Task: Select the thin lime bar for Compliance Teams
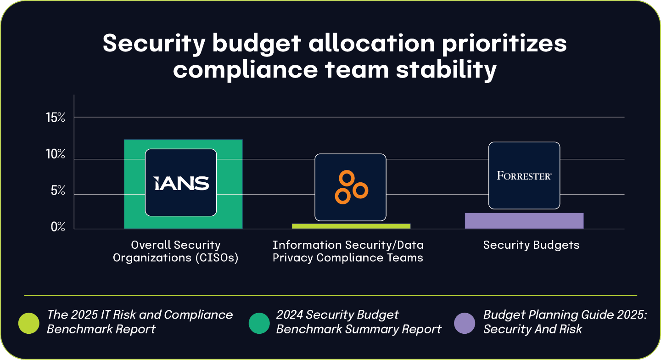pyautogui.click(x=351, y=226)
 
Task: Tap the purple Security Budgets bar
pyautogui.click(x=524, y=221)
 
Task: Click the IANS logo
pyautogui.click(x=181, y=183)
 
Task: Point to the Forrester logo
pyautogui.click(x=524, y=175)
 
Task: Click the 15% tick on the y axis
pyautogui.click(x=56, y=118)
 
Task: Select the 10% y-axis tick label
pyautogui.click(x=56, y=154)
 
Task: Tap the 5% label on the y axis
pyautogui.click(x=58, y=190)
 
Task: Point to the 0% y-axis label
pyautogui.click(x=58, y=227)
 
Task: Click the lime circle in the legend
pyautogui.click(x=28, y=323)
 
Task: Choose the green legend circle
pyautogui.click(x=259, y=323)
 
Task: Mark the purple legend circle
pyautogui.click(x=465, y=323)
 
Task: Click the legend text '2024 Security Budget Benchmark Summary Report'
pyautogui.click(x=359, y=322)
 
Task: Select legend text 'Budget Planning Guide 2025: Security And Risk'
pyautogui.click(x=565, y=322)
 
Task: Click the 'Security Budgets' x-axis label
pyautogui.click(x=531, y=245)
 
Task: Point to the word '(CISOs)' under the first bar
pyautogui.click(x=217, y=258)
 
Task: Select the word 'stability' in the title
pyautogui.click(x=446, y=70)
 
